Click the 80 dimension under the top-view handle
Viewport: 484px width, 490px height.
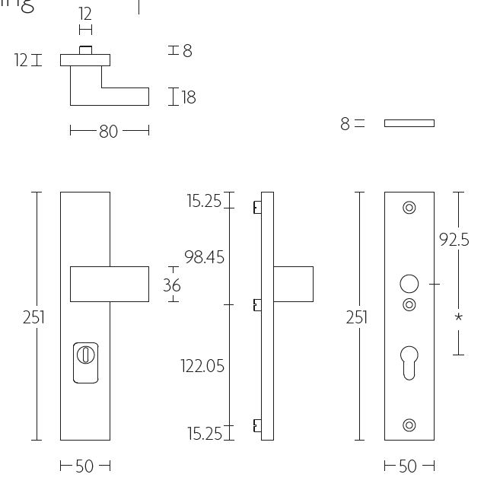coord(108,132)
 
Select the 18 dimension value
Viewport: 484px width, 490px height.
coord(189,97)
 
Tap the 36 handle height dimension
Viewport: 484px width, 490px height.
coord(172,285)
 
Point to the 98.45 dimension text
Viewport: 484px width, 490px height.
coord(204,258)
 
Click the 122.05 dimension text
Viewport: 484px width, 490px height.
coord(202,367)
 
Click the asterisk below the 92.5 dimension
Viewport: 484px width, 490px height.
coord(458,317)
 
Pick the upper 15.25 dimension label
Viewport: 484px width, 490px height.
coord(204,202)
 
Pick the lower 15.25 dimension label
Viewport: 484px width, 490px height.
coord(204,434)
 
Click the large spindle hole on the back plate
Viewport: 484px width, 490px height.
coord(409,285)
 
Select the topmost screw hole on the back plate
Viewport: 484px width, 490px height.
coord(409,207)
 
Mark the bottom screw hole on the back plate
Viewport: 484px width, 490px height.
coord(409,425)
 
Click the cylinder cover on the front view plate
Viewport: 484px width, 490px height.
coord(85,362)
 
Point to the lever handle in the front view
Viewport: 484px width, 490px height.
coord(110,284)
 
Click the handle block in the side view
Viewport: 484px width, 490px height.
coord(293,284)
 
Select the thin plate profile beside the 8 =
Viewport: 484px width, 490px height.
coord(409,123)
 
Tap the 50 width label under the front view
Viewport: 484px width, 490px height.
coord(84,466)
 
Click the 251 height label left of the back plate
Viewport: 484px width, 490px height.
coord(357,317)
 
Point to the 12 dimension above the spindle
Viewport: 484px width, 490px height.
coord(85,14)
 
